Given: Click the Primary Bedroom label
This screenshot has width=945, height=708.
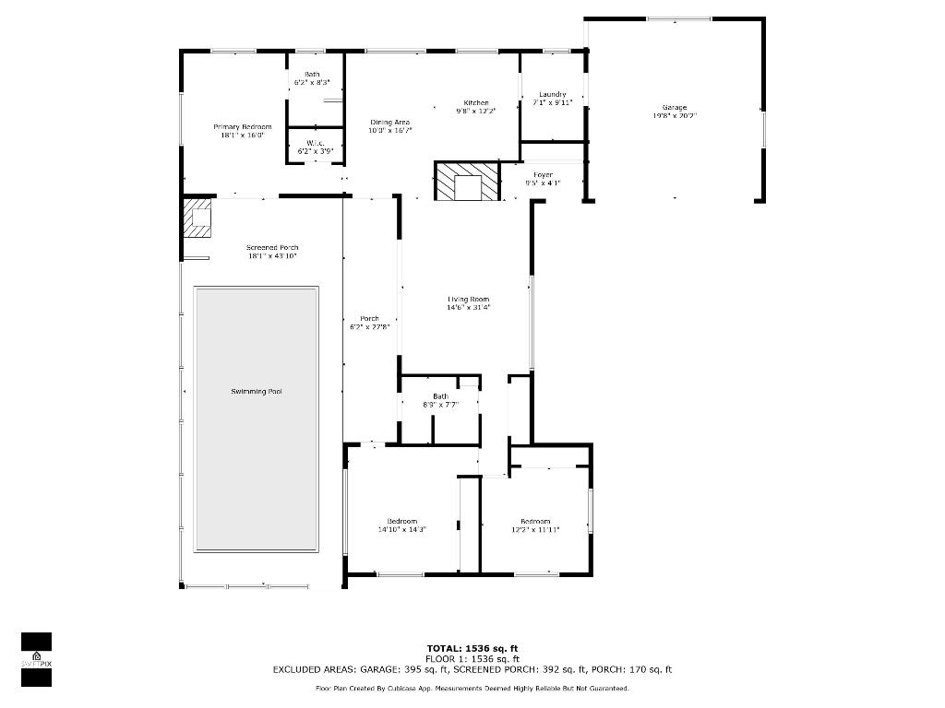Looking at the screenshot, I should [243, 126].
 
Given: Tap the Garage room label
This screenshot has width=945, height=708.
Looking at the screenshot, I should [675, 108].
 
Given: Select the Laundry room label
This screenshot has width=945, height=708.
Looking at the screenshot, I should [553, 94].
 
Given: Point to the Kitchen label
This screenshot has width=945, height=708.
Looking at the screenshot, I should [476, 102].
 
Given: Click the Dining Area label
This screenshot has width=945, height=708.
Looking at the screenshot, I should [390, 122].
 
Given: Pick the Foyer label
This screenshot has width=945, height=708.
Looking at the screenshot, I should [544, 174].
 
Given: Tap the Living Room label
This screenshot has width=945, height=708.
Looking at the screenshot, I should [469, 299].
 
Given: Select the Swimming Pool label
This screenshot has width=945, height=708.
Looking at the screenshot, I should [257, 392].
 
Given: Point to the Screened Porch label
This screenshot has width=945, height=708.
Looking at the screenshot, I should [272, 247].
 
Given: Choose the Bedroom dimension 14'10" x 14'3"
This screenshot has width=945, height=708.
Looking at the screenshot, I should [402, 530].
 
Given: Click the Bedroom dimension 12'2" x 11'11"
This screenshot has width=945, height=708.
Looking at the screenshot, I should [535, 530].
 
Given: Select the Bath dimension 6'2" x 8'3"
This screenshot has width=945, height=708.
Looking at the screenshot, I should [312, 83].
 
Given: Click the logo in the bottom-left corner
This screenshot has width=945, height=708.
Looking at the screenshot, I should [36, 659].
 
